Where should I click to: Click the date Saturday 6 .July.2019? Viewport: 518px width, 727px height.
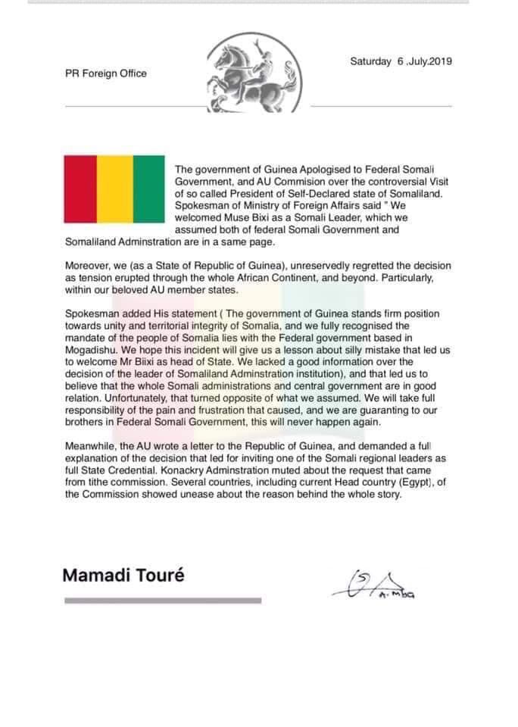click(401, 62)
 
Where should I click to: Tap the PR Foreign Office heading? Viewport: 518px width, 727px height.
click(105, 73)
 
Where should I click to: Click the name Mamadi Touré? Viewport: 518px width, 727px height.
click(123, 575)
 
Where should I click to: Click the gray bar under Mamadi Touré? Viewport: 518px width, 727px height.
click(163, 601)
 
